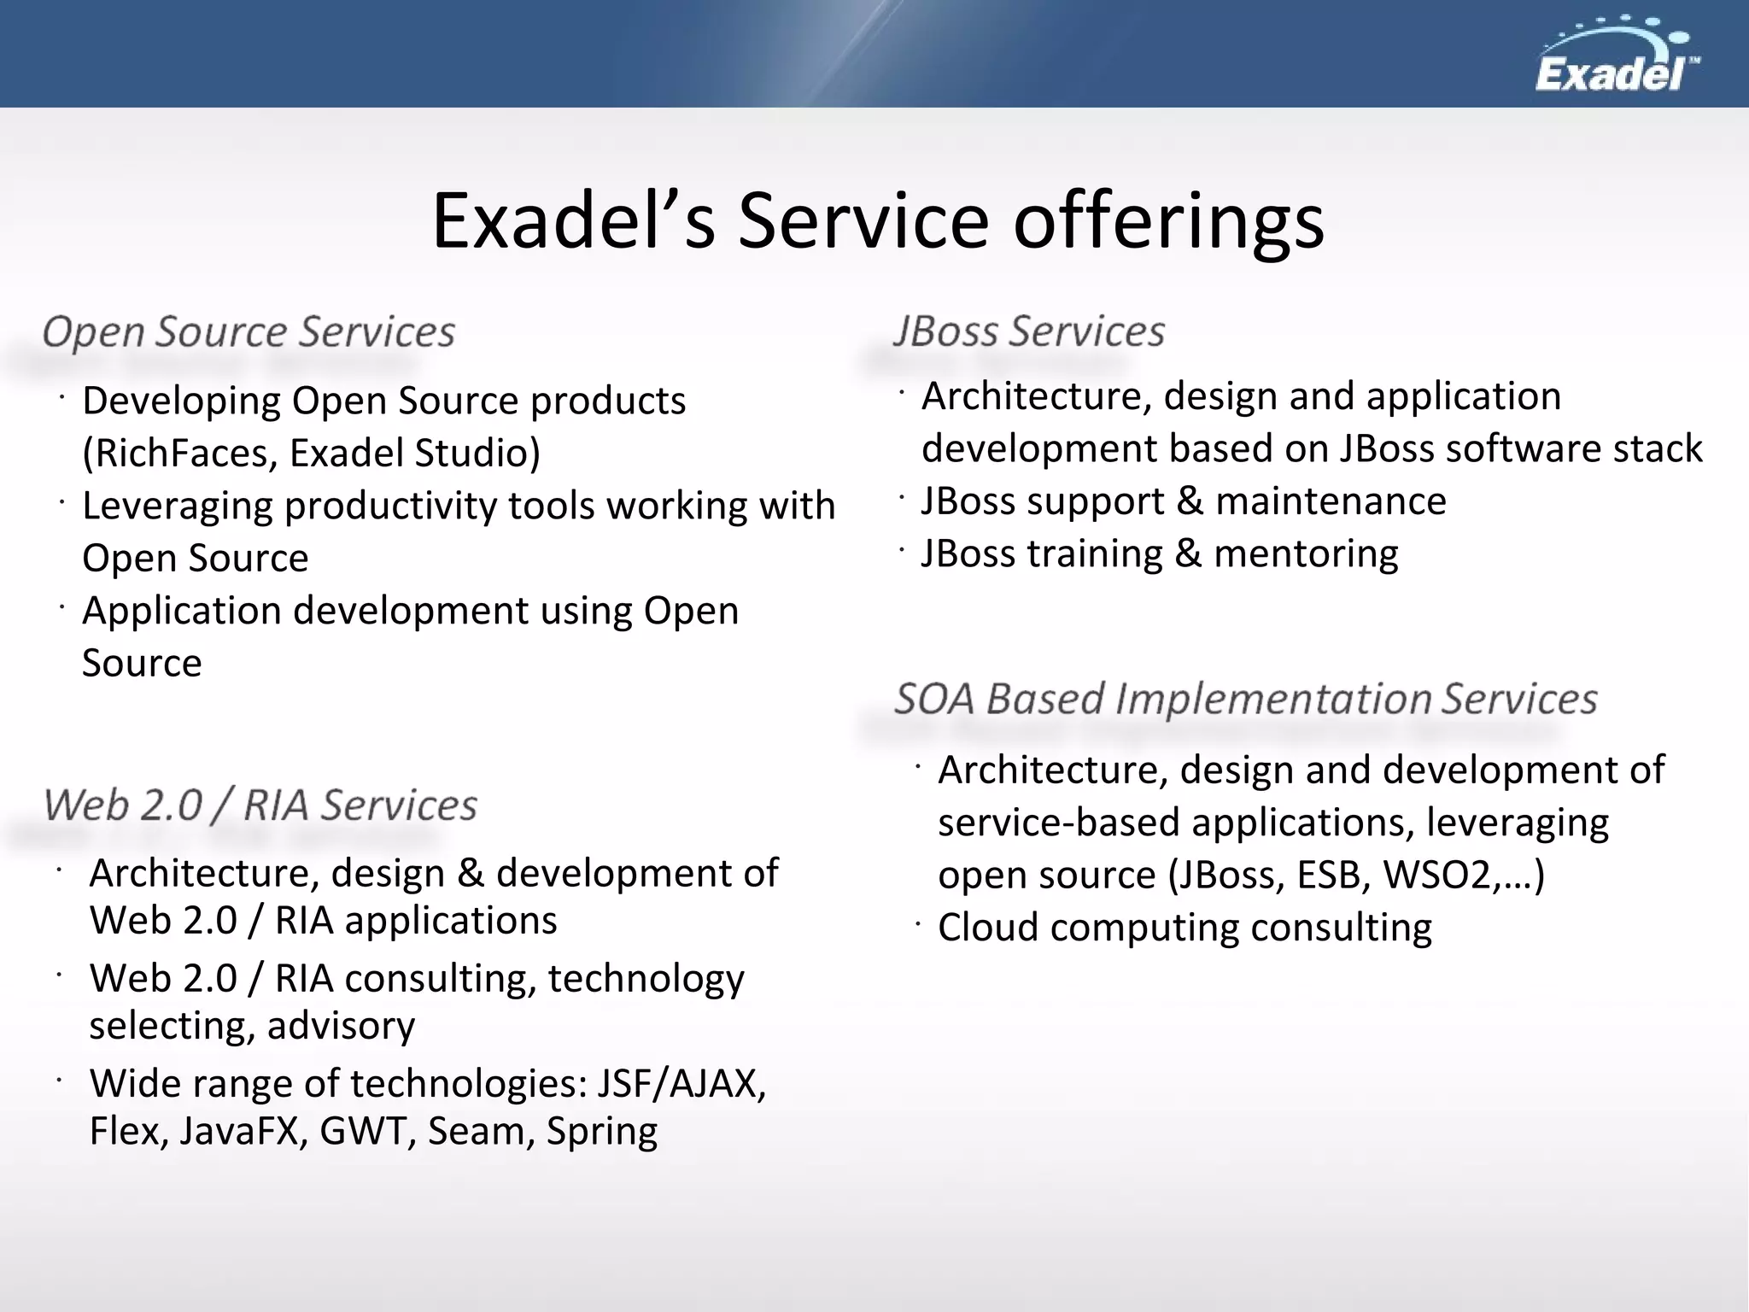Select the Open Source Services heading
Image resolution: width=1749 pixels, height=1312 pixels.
click(x=249, y=331)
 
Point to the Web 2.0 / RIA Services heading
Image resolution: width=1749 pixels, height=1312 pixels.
click(x=260, y=805)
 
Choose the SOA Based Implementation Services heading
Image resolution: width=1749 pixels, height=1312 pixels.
click(x=1245, y=699)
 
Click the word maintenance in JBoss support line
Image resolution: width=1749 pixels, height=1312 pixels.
click(x=1330, y=501)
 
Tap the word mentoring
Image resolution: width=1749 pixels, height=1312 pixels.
click(x=1306, y=554)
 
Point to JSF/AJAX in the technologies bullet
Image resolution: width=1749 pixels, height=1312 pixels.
click(x=680, y=1084)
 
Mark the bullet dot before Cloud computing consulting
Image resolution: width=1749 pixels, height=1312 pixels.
click(x=918, y=924)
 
